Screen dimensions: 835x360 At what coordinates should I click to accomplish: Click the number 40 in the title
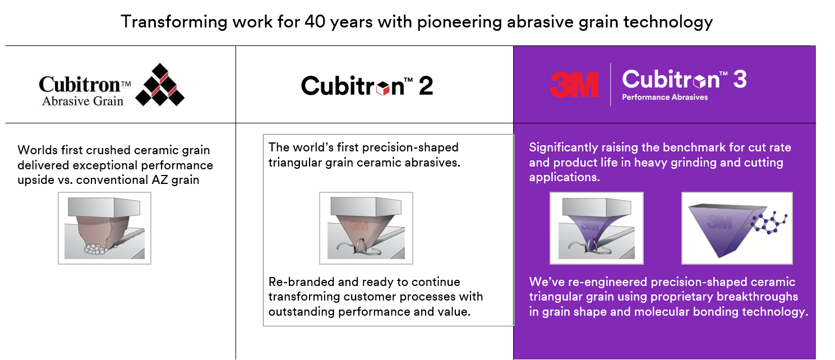click(x=315, y=22)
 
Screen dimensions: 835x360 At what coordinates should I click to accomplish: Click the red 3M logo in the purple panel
click(x=574, y=85)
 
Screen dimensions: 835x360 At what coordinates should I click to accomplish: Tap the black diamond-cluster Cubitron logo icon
click(x=160, y=85)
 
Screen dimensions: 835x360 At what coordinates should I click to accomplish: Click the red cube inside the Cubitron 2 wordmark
click(x=383, y=88)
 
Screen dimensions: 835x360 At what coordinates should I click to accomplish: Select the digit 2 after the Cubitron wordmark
click(x=426, y=86)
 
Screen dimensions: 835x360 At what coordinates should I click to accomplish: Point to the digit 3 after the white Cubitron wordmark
click(x=740, y=79)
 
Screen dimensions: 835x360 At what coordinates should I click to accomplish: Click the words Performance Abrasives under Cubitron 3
click(x=665, y=97)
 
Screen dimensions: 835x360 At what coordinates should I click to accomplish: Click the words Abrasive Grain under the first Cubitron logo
click(x=82, y=101)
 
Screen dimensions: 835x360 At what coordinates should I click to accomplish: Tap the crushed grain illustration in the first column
click(x=104, y=228)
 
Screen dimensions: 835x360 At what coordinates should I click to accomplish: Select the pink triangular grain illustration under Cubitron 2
click(x=366, y=228)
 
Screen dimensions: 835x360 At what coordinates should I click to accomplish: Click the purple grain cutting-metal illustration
click(x=597, y=228)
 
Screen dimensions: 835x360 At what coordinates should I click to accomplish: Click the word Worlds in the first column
click(x=37, y=150)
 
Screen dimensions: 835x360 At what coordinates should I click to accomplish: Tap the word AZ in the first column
click(x=160, y=180)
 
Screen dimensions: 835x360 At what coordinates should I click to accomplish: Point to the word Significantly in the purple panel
click(x=563, y=148)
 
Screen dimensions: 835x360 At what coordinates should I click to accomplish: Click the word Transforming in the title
click(x=174, y=22)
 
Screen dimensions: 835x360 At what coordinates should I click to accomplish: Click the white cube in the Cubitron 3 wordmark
click(x=700, y=81)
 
